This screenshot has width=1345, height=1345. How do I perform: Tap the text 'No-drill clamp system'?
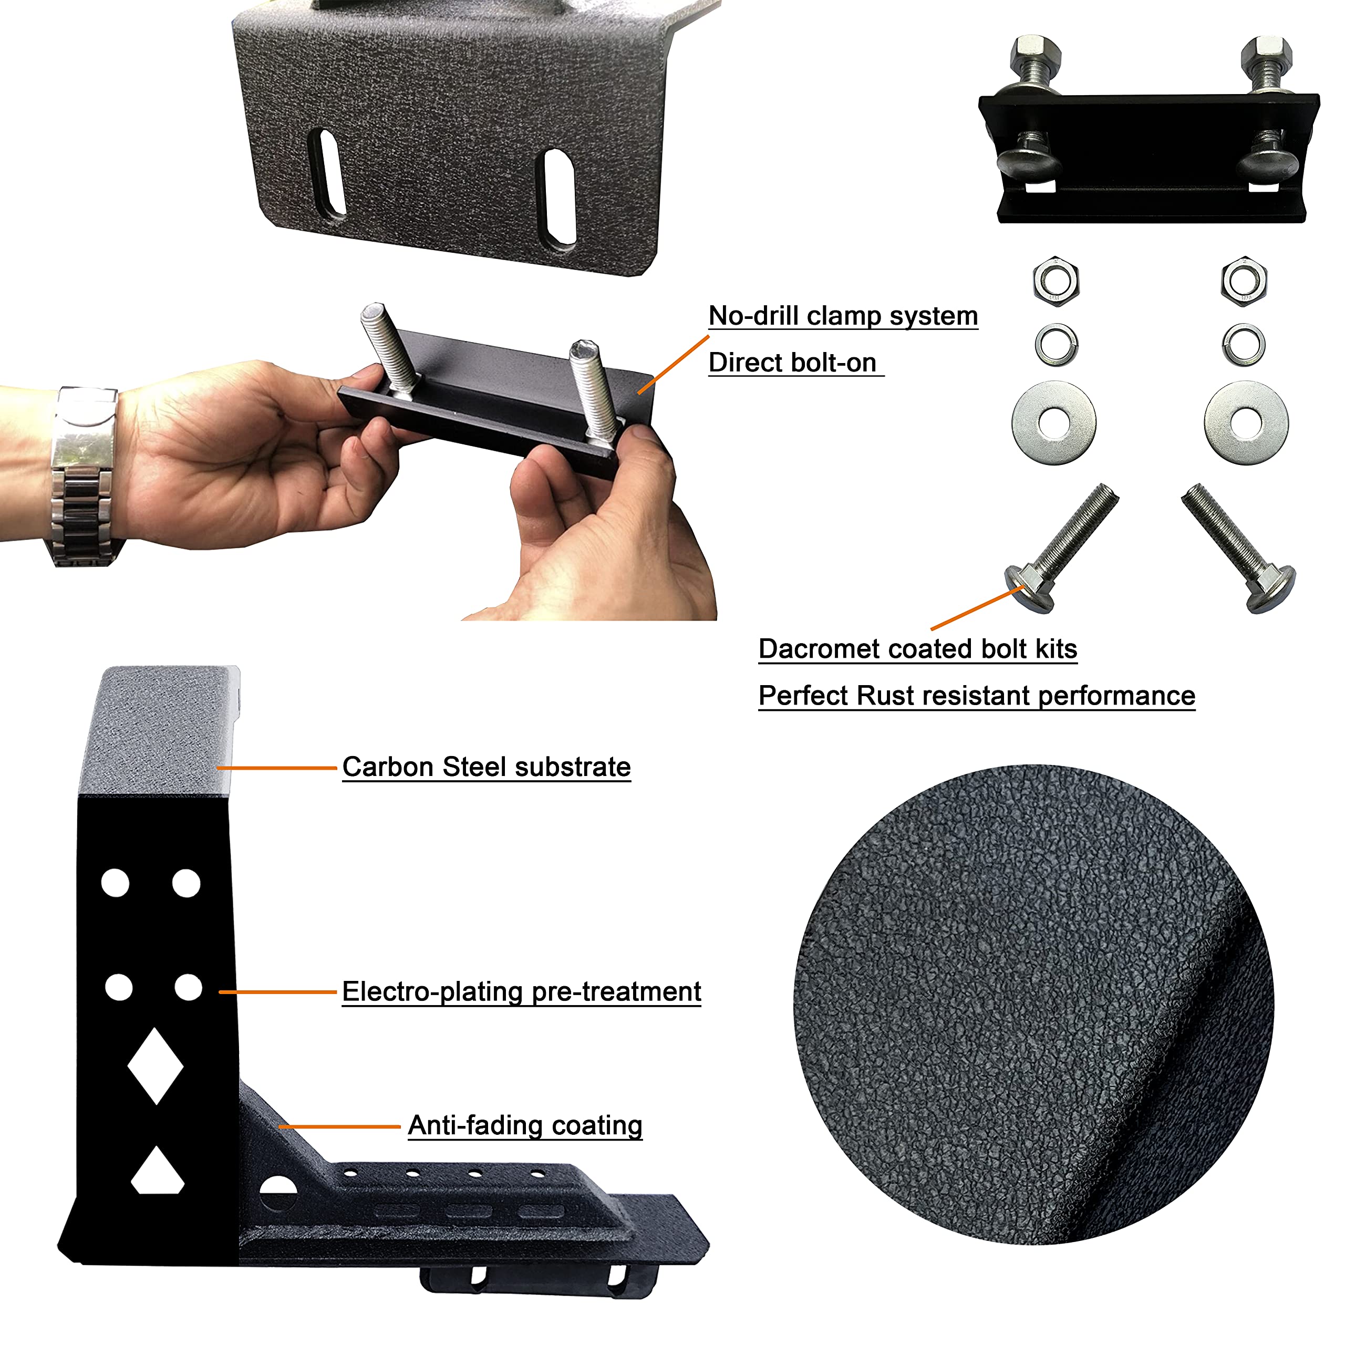pyautogui.click(x=842, y=316)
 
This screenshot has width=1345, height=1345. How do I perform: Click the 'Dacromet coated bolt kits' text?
pyautogui.click(x=917, y=649)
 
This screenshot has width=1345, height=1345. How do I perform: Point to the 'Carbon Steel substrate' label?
pyautogui.click(x=486, y=767)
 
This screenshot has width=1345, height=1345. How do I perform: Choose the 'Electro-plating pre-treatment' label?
pyautogui.click(x=521, y=991)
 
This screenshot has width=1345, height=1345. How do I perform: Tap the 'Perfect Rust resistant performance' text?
pyautogui.click(x=976, y=696)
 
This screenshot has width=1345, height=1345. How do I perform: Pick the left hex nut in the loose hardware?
pyautogui.click(x=1056, y=281)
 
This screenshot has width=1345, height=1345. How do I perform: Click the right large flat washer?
pyautogui.click(x=1246, y=422)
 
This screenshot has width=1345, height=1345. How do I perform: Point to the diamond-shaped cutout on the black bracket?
pyautogui.click(x=155, y=1066)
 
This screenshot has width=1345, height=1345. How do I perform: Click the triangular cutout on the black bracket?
pyautogui.click(x=157, y=1172)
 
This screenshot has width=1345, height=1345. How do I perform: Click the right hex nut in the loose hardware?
pyautogui.click(x=1244, y=281)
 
